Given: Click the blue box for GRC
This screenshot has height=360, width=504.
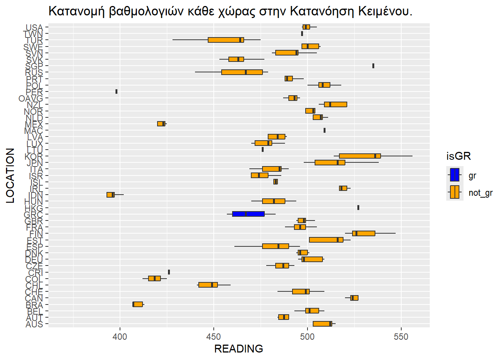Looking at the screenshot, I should [x=248, y=214].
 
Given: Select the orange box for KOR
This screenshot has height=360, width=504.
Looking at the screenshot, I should [x=360, y=156].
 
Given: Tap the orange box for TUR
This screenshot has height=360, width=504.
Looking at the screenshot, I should [x=226, y=40].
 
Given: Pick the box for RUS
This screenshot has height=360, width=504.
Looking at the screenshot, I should [x=242, y=72].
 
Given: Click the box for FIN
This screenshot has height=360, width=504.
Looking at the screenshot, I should [x=363, y=234].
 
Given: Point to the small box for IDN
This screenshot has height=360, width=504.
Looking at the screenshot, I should [x=110, y=195].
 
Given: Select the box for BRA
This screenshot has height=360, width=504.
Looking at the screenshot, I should [x=138, y=304].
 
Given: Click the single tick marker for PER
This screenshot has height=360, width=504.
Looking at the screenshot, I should [x=117, y=91].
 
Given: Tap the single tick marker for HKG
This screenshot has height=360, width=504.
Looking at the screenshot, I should [x=358, y=208].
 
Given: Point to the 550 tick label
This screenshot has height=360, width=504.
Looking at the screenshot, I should [x=401, y=337].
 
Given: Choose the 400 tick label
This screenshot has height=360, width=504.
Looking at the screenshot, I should [x=120, y=337].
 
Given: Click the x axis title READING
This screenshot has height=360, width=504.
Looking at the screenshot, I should [x=238, y=349].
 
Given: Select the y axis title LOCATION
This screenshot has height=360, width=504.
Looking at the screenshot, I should [x=10, y=175].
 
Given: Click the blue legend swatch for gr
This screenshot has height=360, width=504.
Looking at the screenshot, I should [x=454, y=175].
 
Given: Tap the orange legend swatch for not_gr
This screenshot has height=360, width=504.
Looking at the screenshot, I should [x=454, y=192].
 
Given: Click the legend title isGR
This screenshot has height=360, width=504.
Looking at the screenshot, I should [x=458, y=156].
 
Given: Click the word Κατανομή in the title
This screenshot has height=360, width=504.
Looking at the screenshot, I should [x=76, y=11].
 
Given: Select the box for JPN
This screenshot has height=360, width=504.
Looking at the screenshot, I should [x=330, y=162].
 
